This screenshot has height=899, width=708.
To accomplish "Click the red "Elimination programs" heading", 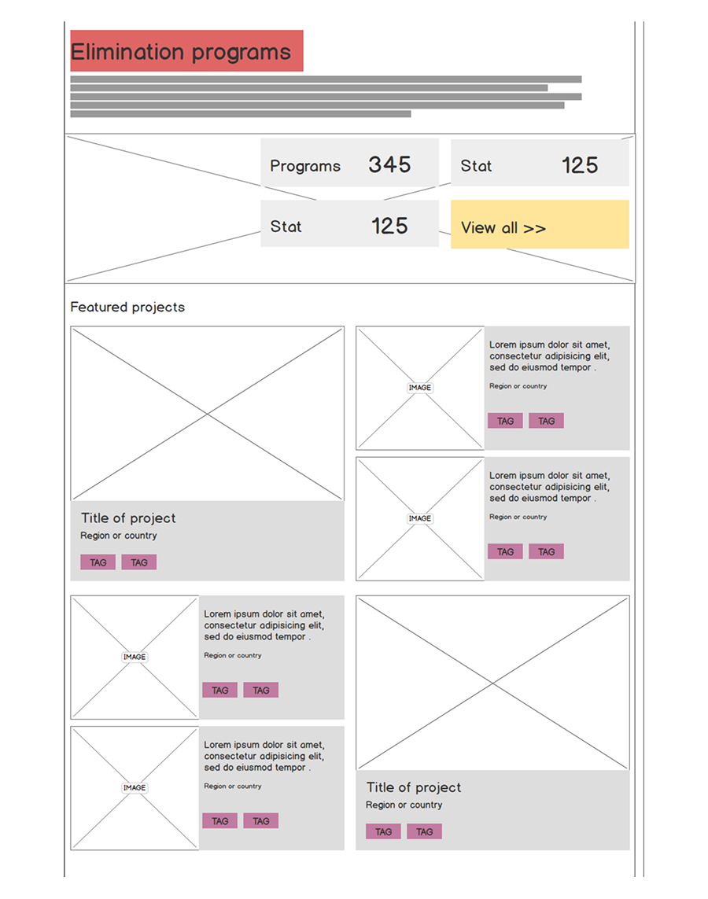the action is [186, 51].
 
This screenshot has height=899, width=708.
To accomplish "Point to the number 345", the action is [389, 164].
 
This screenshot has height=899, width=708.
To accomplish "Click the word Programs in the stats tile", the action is [305, 166].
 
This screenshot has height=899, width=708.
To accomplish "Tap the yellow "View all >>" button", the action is [540, 224].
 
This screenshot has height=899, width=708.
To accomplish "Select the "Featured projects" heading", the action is [127, 307].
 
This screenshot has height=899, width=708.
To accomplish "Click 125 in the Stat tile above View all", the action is [580, 166].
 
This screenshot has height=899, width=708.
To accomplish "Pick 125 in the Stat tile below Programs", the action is [389, 226].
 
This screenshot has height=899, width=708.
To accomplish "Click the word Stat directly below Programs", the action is [286, 227].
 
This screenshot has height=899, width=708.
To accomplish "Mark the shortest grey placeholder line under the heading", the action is [241, 114].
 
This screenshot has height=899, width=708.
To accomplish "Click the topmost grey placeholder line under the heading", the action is [326, 79].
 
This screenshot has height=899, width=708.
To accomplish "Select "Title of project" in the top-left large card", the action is [128, 518].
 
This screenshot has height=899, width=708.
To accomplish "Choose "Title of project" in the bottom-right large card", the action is [413, 787].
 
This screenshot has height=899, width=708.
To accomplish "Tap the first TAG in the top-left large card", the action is [98, 562].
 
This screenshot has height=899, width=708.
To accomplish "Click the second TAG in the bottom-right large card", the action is [424, 831].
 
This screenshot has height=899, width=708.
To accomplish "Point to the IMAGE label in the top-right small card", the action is [419, 388].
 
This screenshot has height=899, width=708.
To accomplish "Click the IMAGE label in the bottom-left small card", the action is [135, 788].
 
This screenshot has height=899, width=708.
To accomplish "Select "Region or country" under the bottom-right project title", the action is [404, 805].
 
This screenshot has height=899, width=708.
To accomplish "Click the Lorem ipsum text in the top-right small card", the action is [549, 356].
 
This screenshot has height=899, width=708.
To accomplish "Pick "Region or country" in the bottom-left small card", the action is [233, 786].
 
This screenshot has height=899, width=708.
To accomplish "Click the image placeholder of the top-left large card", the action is [207, 414].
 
